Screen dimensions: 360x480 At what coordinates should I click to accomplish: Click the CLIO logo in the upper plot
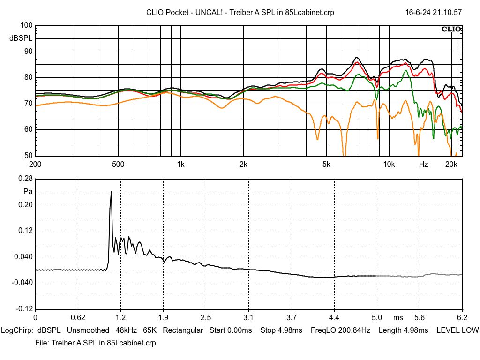click(x=451, y=30)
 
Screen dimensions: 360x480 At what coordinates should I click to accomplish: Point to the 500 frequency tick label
click(x=118, y=165)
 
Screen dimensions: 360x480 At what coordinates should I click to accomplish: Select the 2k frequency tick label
click(x=243, y=165)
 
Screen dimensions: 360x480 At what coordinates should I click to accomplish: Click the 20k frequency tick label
click(x=451, y=165)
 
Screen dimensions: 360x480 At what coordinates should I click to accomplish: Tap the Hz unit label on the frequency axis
click(x=423, y=165)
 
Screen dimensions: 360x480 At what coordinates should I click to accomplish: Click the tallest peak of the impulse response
click(x=111, y=192)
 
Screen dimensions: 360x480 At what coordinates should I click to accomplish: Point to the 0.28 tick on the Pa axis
click(x=25, y=179)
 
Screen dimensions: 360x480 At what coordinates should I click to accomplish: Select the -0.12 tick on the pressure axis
click(x=24, y=309)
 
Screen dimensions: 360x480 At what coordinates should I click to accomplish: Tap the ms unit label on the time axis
click(x=398, y=318)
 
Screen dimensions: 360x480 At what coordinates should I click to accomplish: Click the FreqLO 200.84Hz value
click(x=340, y=330)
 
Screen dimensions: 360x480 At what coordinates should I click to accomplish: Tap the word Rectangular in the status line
click(x=183, y=330)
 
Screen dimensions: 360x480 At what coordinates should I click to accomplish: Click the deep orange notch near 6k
click(x=345, y=153)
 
